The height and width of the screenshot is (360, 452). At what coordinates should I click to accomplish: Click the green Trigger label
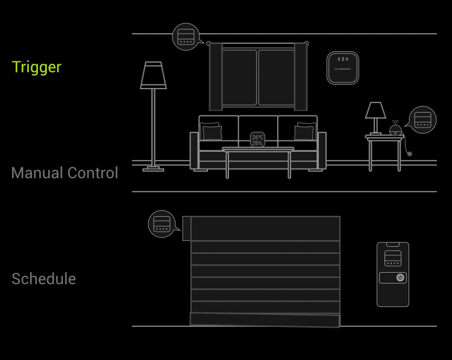[x=37, y=67]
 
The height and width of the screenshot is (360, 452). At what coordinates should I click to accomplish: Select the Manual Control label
[x=64, y=173]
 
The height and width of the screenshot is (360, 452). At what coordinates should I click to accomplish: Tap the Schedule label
[x=43, y=279]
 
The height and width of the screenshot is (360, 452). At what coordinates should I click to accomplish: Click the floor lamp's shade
[x=153, y=76]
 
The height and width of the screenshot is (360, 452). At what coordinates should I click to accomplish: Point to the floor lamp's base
[x=153, y=169]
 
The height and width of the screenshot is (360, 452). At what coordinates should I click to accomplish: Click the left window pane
[x=239, y=77]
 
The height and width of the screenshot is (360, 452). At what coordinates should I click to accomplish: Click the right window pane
[x=275, y=77]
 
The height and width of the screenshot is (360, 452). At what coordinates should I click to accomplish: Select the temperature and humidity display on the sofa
[x=257, y=140]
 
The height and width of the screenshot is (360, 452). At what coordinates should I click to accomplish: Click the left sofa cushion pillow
[x=212, y=132]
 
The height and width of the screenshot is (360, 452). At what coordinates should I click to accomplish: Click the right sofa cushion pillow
[x=304, y=131]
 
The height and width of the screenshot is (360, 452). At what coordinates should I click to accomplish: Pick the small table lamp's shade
[x=375, y=110]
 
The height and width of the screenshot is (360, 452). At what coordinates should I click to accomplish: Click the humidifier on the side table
[x=395, y=129]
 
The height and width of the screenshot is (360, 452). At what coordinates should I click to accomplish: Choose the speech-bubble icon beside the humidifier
[x=422, y=120]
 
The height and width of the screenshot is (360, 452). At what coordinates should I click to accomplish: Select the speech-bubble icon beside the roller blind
[x=162, y=224]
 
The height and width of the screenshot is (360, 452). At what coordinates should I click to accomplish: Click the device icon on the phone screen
[x=393, y=258]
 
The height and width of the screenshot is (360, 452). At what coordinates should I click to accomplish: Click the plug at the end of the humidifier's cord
[x=410, y=154]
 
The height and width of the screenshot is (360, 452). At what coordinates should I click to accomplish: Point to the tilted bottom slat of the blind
[x=265, y=320]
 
